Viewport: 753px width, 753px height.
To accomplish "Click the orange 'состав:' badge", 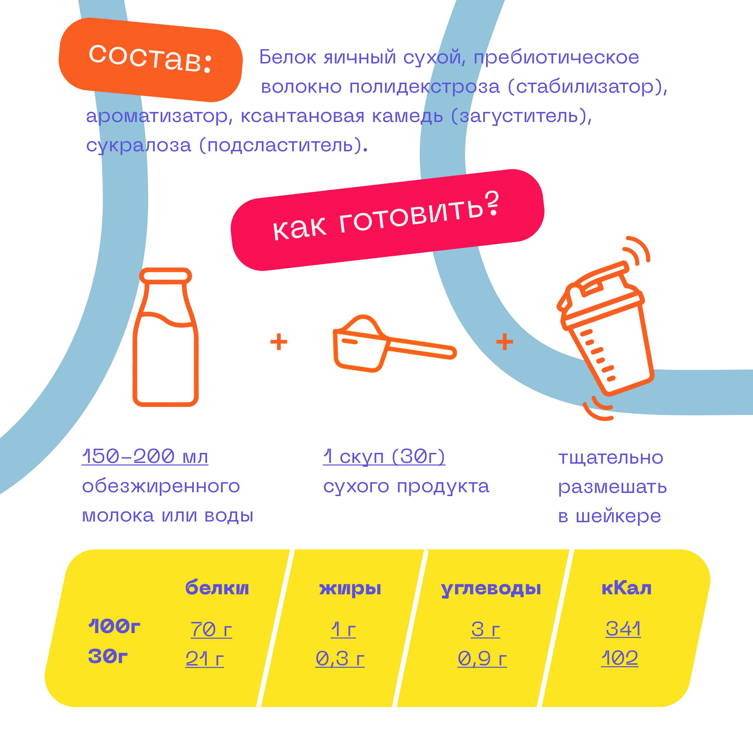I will pos(151,60).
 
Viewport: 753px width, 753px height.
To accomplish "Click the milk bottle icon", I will pos(166,337).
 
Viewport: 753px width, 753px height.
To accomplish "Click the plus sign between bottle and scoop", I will pos(279,342).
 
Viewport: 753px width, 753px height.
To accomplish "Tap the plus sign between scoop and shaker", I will pos(504,342).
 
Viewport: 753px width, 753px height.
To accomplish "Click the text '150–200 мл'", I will pos(145,456).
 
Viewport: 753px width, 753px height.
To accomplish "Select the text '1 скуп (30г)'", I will pos(384,456).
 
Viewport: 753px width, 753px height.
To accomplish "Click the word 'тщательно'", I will pos(611,458).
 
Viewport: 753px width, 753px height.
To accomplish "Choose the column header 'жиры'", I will pos(350,588).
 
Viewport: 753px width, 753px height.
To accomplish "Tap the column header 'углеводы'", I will pos(491,588).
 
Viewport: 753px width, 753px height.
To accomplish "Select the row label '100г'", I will pos(114,626).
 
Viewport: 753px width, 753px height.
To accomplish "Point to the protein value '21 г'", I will pos(205,658).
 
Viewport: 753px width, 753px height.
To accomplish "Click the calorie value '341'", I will pos(623,628).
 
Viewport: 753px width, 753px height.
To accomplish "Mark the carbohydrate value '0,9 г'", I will pos(482,658).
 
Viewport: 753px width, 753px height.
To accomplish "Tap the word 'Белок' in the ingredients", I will pos(288,57).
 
